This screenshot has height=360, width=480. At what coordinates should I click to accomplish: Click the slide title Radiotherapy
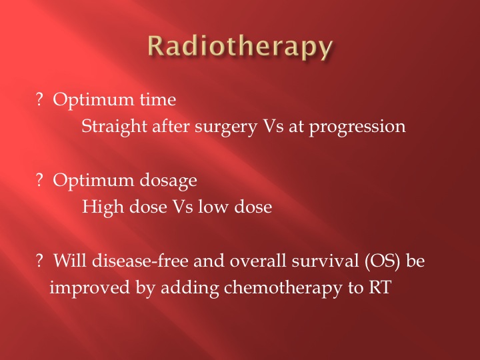(240, 47)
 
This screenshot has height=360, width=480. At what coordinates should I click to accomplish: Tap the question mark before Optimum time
(39, 99)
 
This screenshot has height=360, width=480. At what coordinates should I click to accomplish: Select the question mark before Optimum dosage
(39, 180)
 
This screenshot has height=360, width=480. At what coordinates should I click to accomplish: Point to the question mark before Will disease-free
(39, 261)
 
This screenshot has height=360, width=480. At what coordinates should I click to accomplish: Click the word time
(158, 99)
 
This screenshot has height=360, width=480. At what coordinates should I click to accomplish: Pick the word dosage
(169, 181)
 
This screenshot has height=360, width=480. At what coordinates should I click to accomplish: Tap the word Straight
(114, 127)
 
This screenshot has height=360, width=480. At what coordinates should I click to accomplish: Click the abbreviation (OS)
(383, 261)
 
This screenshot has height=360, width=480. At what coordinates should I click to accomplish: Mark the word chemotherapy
(283, 289)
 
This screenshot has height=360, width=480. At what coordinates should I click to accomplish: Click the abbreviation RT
(379, 288)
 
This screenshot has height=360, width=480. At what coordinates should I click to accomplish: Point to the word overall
(258, 261)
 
